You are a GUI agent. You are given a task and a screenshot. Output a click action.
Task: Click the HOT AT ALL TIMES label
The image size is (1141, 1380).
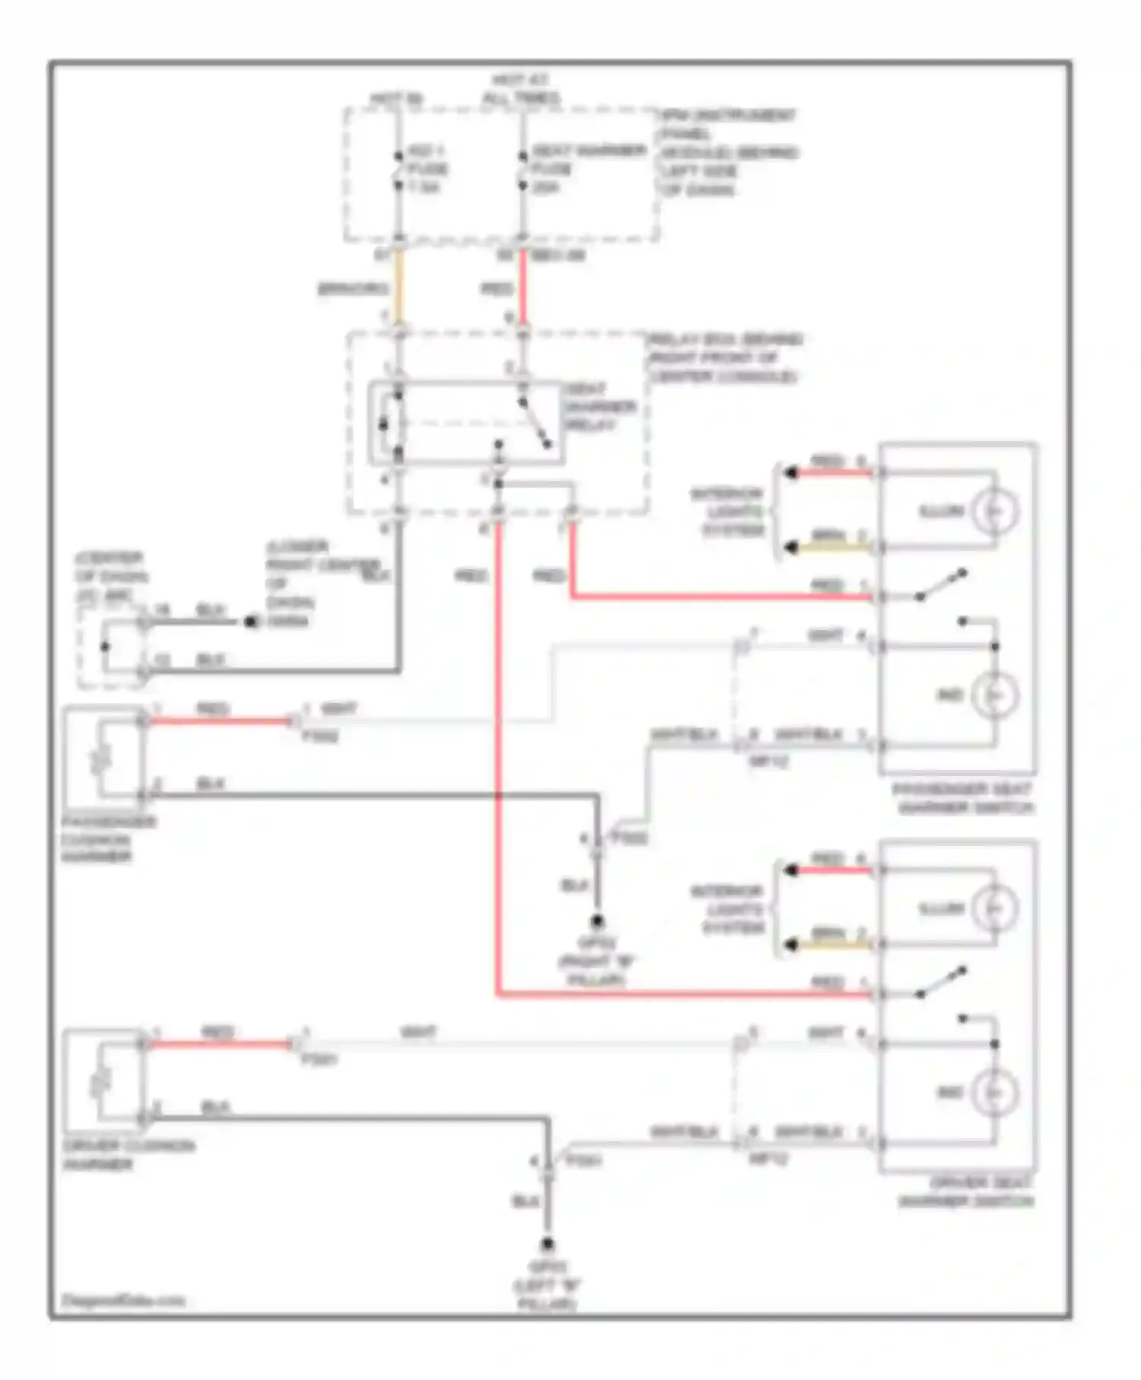pos(521,89)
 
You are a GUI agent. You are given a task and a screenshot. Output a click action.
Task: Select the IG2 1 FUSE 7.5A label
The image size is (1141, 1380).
pos(426,168)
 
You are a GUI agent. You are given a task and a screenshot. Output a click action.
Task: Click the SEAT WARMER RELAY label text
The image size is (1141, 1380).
pos(599,407)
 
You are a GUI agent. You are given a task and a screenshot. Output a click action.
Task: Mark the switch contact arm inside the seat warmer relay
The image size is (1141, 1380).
pos(536,424)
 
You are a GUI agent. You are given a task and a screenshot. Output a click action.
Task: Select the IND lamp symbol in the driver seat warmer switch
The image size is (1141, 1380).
pos(993,1092)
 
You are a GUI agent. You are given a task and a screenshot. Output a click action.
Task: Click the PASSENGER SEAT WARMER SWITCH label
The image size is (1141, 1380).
pos(964,798)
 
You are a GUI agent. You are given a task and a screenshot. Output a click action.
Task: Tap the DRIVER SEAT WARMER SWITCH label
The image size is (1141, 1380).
pos(966,1192)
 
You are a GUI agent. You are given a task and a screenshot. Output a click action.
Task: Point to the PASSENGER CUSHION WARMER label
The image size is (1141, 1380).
pos(108,839)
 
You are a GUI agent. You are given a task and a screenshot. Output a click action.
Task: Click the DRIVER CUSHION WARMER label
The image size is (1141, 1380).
pos(128,1155)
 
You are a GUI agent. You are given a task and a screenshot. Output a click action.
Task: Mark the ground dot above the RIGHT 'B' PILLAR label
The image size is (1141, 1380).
pos(597,921)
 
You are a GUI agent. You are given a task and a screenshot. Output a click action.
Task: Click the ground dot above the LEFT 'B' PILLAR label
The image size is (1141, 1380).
pos(547,1245)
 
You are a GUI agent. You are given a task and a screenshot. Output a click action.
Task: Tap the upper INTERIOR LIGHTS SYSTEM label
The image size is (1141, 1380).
pos(727,512)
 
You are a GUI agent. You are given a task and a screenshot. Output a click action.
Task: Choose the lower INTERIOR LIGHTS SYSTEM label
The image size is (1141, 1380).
pos(727,909)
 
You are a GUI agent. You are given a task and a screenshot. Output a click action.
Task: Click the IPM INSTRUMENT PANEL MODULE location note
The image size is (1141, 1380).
pos(727,152)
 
